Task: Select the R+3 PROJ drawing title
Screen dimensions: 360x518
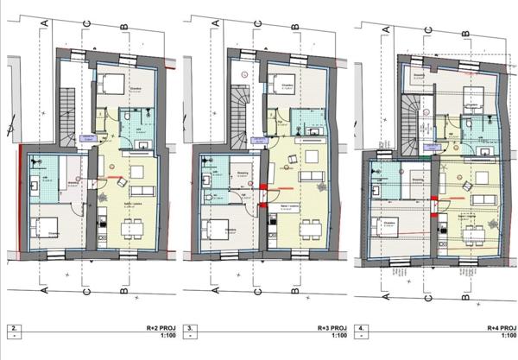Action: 332,329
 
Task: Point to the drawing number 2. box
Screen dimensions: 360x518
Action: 12,329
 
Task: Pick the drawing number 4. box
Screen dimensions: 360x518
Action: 362,329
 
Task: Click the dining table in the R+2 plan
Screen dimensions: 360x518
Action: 132,228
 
